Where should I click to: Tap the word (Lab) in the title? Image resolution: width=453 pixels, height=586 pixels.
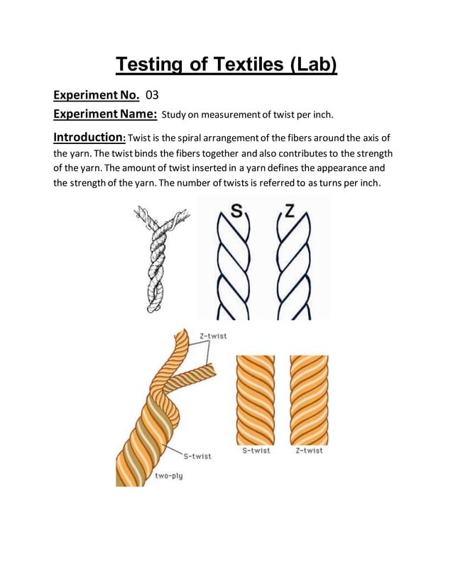[x=310, y=65]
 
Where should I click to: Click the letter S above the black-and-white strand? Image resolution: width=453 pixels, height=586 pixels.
[x=239, y=211]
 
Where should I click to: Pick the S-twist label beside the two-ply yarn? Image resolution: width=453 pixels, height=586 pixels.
[x=196, y=456]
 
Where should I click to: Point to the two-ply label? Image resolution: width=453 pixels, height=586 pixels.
[x=169, y=476]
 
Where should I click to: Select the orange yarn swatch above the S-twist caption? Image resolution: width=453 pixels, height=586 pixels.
[x=255, y=399]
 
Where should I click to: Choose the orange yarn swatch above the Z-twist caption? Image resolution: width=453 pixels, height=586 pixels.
[x=309, y=399]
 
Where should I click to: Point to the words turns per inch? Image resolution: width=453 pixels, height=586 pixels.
[x=344, y=184]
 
